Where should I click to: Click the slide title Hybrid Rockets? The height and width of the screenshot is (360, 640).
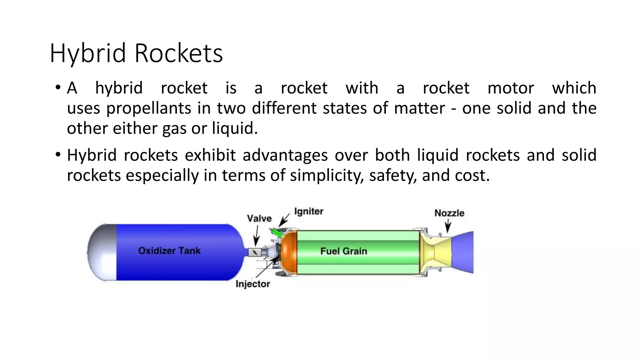tap(136, 53)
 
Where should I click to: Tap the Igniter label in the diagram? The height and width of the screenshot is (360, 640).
tap(308, 212)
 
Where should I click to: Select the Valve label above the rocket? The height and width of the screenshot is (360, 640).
tap(259, 218)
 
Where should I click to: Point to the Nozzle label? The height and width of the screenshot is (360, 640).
tap(449, 213)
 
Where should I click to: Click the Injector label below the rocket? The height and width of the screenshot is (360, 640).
tap(252, 284)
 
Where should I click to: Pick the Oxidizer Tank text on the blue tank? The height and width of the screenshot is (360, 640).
tap(169, 251)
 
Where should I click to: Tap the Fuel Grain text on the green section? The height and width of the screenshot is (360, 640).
tap(343, 251)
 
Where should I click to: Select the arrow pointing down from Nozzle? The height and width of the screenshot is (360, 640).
tap(448, 226)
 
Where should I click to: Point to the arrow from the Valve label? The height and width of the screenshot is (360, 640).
tap(257, 236)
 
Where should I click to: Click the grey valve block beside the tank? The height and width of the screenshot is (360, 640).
tap(255, 252)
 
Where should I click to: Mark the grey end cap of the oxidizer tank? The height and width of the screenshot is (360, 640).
tap(102, 252)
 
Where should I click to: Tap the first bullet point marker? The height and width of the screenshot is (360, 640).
tap(57, 88)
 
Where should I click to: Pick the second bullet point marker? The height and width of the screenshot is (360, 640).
tap(57, 155)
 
